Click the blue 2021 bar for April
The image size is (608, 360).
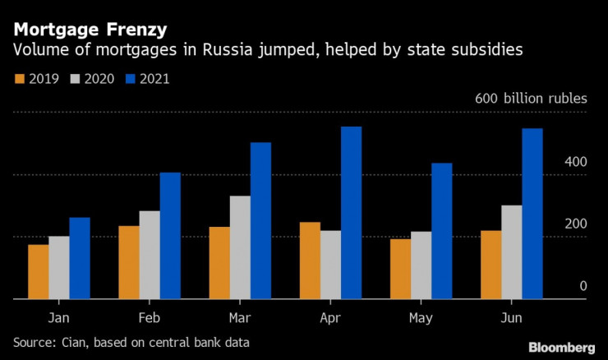click(351, 213)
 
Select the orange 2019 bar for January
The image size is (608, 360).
click(38, 272)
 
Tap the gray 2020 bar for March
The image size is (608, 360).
click(240, 247)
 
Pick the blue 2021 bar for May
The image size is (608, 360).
click(441, 231)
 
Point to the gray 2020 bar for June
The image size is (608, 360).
click(511, 252)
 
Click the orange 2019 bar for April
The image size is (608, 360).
click(310, 261)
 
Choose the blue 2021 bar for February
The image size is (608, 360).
click(170, 236)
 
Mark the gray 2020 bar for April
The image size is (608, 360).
click(330, 265)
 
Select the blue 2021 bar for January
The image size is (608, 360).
click(80, 258)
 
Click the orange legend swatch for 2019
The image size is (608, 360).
click(19, 80)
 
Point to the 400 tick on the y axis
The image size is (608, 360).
click(576, 162)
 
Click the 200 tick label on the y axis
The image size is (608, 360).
click(576, 224)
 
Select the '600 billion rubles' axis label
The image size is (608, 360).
click(531, 99)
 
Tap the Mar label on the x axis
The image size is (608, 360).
click(240, 316)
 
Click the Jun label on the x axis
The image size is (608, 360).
click(511, 316)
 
